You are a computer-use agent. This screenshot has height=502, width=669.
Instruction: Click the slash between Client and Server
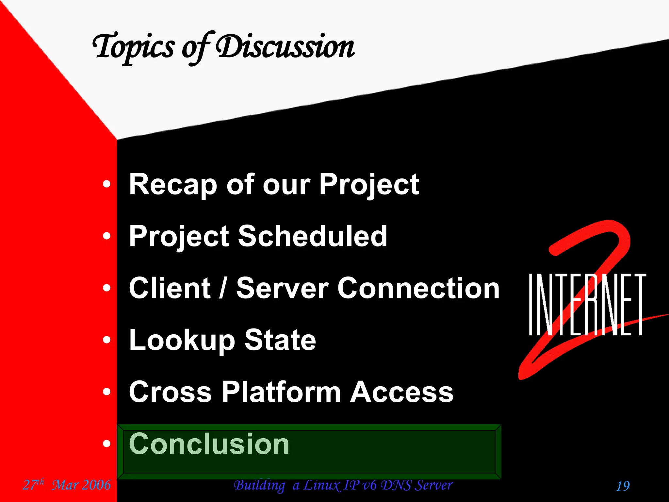click(x=223, y=288)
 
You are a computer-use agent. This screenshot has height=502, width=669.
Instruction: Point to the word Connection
click(x=418, y=288)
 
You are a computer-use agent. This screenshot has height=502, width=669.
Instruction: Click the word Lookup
click(x=182, y=341)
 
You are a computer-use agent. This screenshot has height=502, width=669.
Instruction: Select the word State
click(x=280, y=341)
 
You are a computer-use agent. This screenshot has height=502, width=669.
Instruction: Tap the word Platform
click(x=281, y=392)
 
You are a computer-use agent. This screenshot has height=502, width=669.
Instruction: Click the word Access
click(x=402, y=392)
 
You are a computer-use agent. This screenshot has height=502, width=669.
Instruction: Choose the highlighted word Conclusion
click(x=209, y=444)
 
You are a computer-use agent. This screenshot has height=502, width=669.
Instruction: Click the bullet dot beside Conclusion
click(x=106, y=444)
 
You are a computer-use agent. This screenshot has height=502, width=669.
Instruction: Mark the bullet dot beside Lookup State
click(x=106, y=340)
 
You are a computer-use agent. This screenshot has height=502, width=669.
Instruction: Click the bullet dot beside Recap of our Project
click(x=106, y=184)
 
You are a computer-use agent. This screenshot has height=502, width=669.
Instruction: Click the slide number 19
click(x=623, y=486)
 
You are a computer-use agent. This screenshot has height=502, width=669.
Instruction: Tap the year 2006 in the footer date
click(x=96, y=485)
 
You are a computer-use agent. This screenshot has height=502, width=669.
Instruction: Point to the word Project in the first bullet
click(x=369, y=185)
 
